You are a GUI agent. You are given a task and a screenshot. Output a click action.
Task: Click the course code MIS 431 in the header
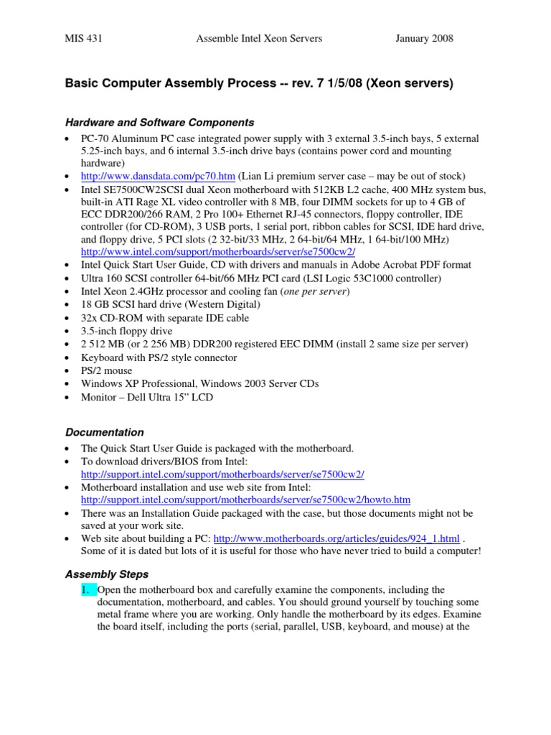point(84,39)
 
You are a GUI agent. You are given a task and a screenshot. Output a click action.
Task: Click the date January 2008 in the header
point(424,39)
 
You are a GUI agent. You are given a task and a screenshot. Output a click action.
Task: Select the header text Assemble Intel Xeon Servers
point(259,39)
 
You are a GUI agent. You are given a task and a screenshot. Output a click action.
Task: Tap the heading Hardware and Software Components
point(159,123)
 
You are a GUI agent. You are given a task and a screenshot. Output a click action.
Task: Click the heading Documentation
point(105,432)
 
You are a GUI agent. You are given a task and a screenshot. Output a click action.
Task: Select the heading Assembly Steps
point(107,574)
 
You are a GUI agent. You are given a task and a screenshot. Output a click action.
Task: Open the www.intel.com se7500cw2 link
point(218,253)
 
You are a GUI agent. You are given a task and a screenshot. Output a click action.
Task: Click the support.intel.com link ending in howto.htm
point(245,500)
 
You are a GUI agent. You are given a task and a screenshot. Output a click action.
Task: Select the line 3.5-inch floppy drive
point(126,331)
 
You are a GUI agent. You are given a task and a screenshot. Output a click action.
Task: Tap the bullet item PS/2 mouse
point(107,370)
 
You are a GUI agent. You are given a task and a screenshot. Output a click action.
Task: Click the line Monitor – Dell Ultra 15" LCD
point(147,396)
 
